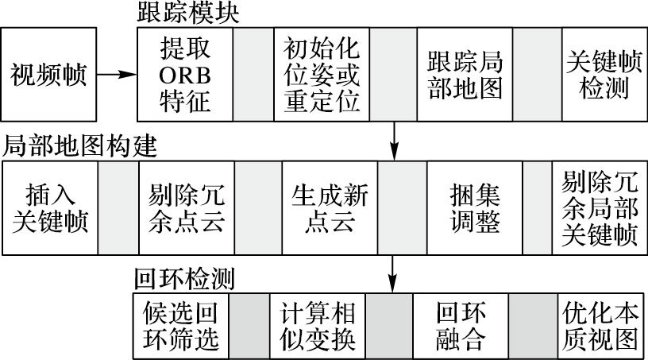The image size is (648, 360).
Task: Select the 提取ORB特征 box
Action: click(185, 75)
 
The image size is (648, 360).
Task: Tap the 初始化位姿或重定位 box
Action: click(322, 75)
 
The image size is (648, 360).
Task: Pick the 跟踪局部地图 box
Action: click(465, 75)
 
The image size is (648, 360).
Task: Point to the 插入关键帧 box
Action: click(51, 208)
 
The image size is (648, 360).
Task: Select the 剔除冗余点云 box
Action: click(187, 208)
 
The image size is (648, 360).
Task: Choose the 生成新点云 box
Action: click(330, 208)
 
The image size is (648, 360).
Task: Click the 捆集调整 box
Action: click(475, 208)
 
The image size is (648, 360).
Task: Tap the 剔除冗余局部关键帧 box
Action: click(600, 208)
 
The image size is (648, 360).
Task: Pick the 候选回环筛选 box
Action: click(179, 326)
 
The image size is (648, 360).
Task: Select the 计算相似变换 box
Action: click(318, 326)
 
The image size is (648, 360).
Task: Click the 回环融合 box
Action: click(461, 326)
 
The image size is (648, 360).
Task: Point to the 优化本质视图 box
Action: click(600, 326)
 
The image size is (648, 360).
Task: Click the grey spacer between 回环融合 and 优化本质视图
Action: click(534, 326)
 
